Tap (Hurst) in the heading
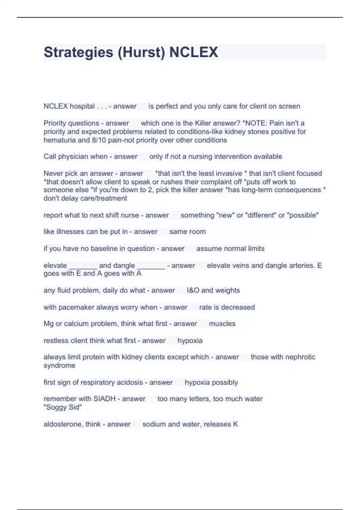coord(141,52)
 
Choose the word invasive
coord(228,173)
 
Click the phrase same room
coord(187,232)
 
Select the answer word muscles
coord(222,324)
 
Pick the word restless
coord(56,340)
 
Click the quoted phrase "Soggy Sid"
coord(63,407)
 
